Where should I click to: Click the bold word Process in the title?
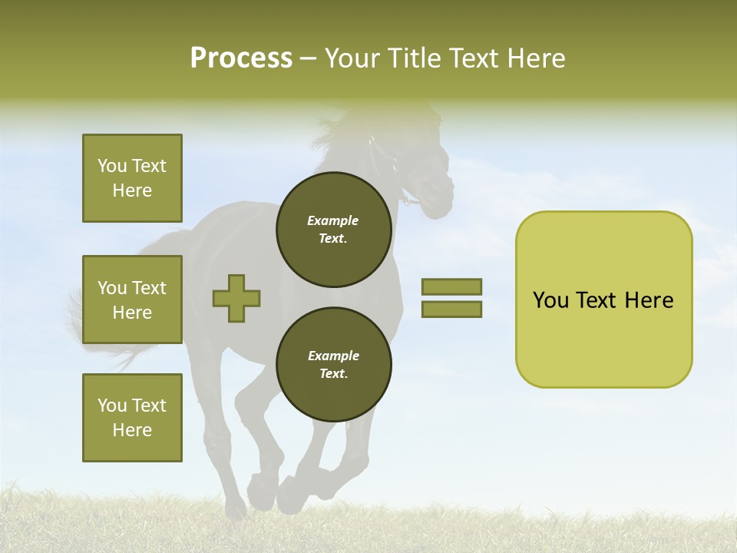[x=241, y=58]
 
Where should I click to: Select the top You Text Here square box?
[x=132, y=178]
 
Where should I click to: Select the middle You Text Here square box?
[x=132, y=300]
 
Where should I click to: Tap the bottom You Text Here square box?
[x=132, y=418]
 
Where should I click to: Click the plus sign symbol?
[x=236, y=298]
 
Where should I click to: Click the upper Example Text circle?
[x=333, y=230]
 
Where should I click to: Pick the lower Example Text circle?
[x=333, y=365]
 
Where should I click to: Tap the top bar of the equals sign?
[x=451, y=286]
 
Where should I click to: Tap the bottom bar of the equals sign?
[x=451, y=310]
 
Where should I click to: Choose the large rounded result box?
[x=603, y=300]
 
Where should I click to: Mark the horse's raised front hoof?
[x=288, y=495]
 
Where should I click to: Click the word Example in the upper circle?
[x=333, y=220]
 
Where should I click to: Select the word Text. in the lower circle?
[x=333, y=374]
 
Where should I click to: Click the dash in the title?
[x=309, y=58]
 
